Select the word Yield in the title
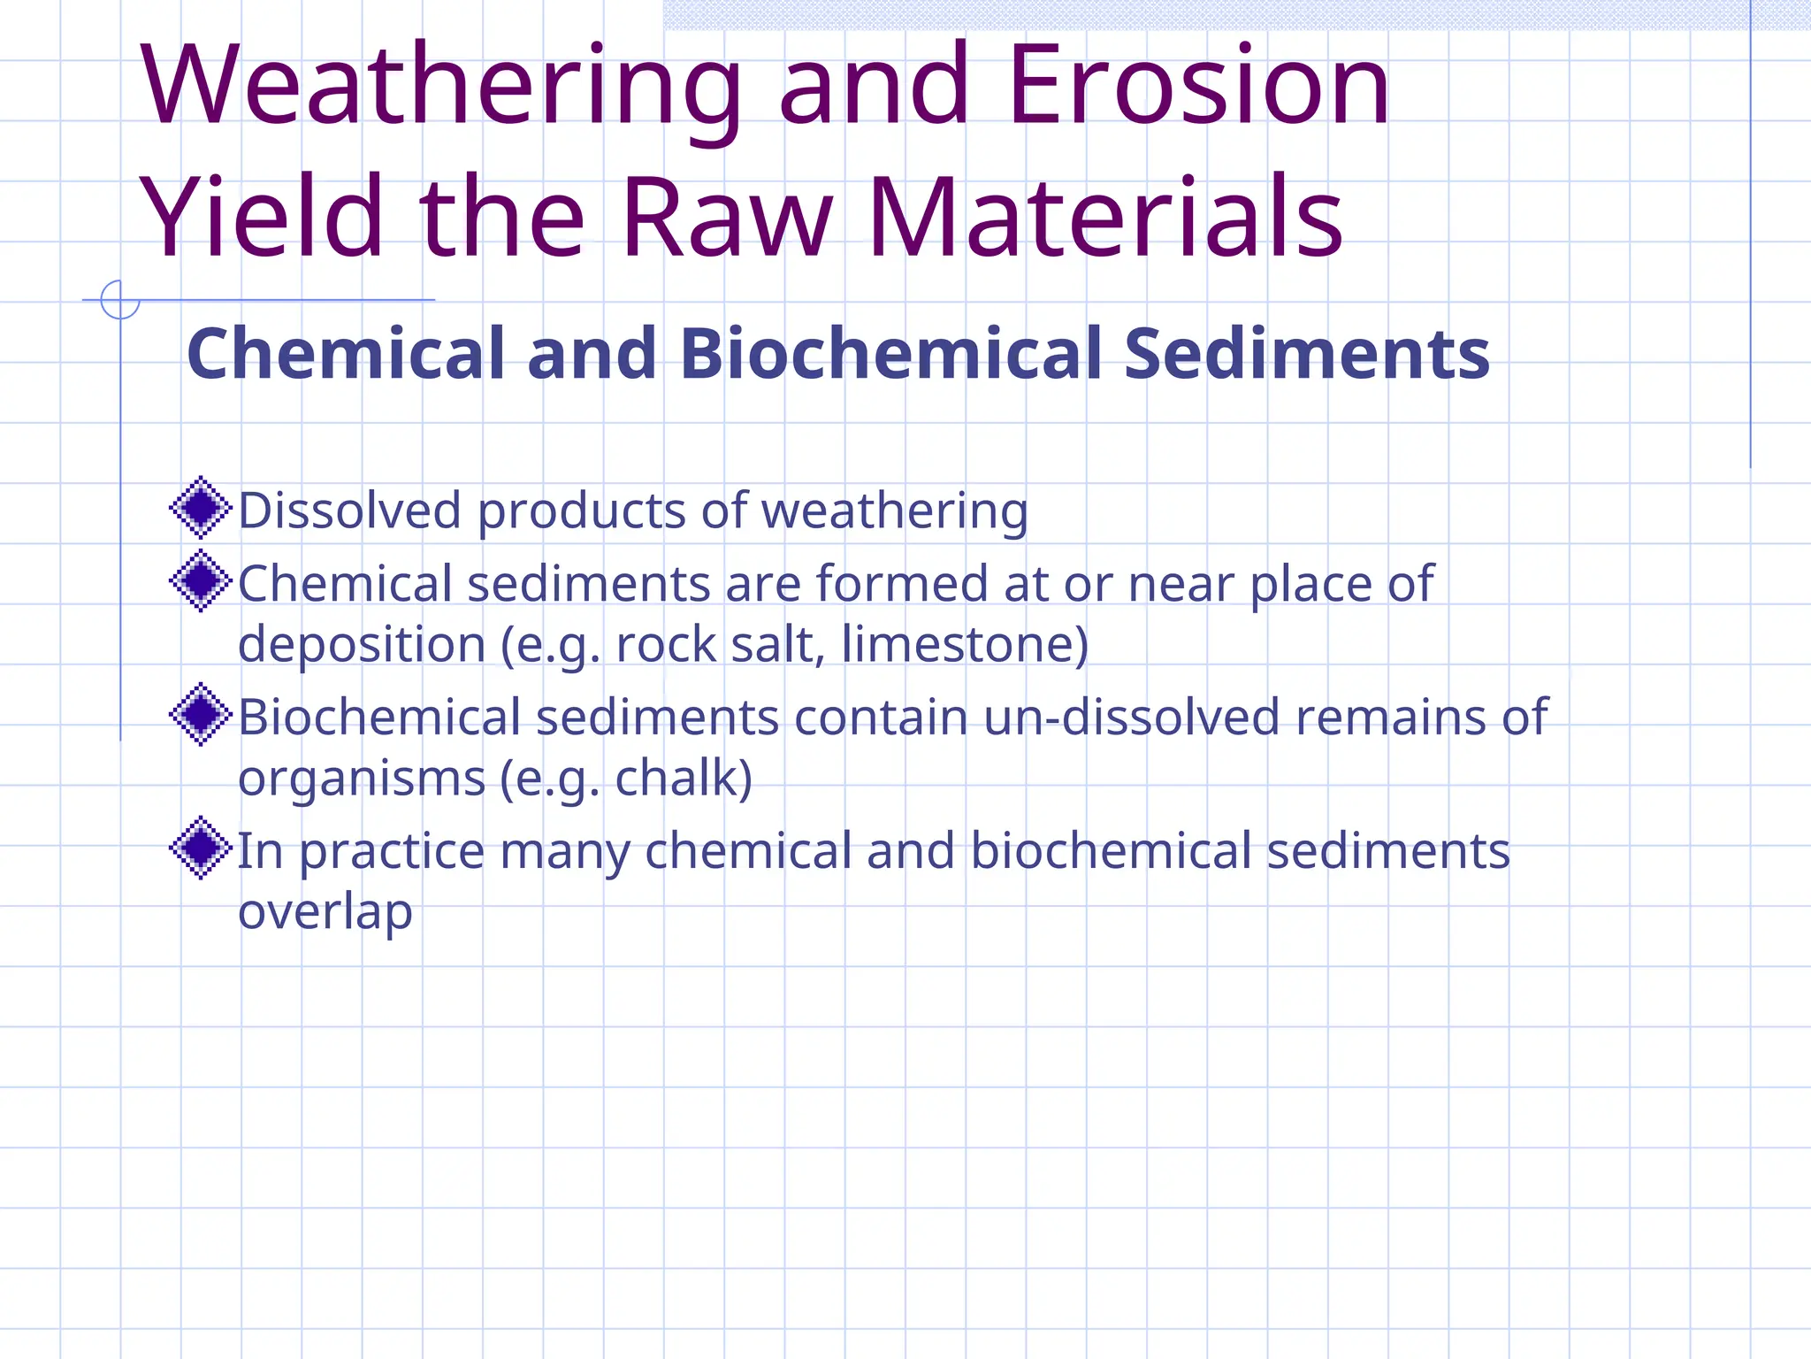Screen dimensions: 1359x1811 point(262,218)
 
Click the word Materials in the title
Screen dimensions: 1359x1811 point(1105,218)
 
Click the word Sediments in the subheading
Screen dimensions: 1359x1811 point(1307,354)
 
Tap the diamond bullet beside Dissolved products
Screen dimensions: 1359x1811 point(201,508)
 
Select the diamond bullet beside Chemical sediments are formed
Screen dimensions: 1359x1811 point(201,580)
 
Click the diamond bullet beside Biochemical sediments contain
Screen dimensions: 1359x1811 point(201,714)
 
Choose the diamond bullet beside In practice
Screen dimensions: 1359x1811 point(201,848)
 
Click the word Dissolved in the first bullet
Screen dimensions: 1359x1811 point(350,511)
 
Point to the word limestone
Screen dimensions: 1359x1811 point(964,644)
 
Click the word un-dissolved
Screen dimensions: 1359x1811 point(1131,717)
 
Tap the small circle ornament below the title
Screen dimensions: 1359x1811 point(120,299)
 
